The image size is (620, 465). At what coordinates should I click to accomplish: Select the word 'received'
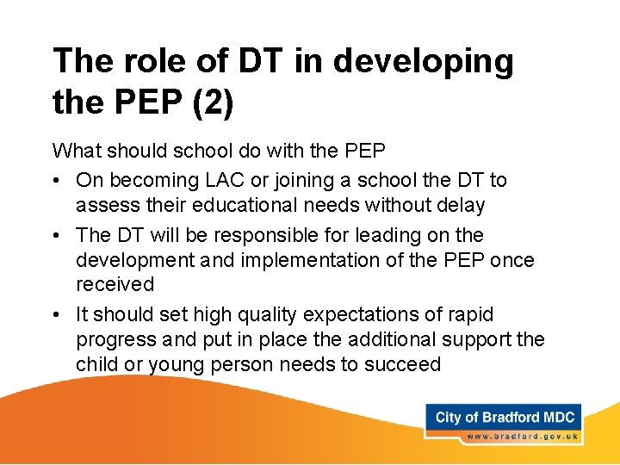pos(115,284)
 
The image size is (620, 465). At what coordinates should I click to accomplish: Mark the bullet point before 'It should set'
pos(58,314)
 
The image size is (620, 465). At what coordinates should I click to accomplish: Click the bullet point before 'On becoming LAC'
pos(58,180)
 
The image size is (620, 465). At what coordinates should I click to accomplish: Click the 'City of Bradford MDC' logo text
pos(505,418)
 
